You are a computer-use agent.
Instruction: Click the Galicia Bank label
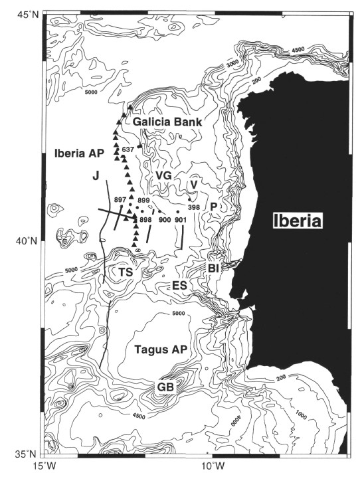pyautogui.click(x=167, y=122)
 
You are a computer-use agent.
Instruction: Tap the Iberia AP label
pyautogui.click(x=79, y=153)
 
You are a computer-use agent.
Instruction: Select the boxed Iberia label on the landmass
pyautogui.click(x=298, y=221)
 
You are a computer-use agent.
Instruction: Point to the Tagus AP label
pyautogui.click(x=161, y=349)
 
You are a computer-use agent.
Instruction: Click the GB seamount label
pyautogui.click(x=165, y=387)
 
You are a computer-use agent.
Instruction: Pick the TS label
pyautogui.click(x=126, y=272)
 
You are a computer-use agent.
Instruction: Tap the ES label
pyautogui.click(x=179, y=286)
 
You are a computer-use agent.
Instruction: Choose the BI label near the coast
pyautogui.click(x=214, y=268)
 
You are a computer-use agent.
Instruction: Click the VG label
pyautogui.click(x=164, y=175)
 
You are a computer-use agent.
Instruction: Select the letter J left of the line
pyautogui.click(x=96, y=175)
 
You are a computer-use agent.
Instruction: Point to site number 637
pyautogui.click(x=128, y=149)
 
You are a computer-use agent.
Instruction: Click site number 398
pyautogui.click(x=194, y=207)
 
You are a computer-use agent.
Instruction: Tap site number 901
pyautogui.click(x=180, y=220)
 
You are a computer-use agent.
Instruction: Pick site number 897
pyautogui.click(x=120, y=199)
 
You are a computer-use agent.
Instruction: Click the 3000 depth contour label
pyautogui.click(x=232, y=63)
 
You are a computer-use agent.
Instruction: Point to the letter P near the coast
pyautogui.click(x=213, y=207)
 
